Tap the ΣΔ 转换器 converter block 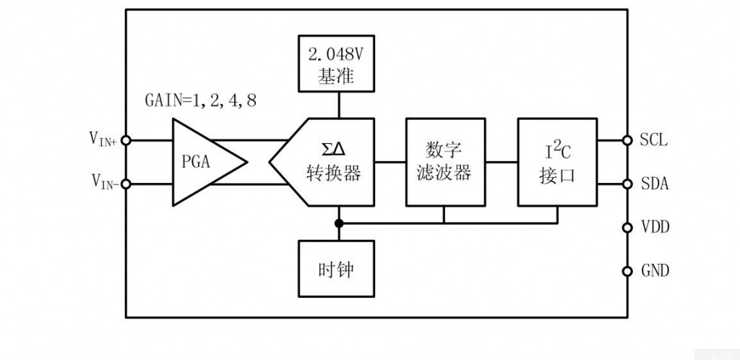(329, 162)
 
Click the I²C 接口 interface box (557, 162)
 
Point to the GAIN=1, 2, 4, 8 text (200, 100)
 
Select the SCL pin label (654, 140)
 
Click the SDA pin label (654, 184)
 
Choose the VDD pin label (655, 228)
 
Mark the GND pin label (655, 271)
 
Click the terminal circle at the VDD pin (627, 228)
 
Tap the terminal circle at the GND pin (627, 271)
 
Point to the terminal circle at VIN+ (125, 140)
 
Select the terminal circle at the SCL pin (627, 140)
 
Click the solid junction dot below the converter (338, 223)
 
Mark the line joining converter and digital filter (390, 162)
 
